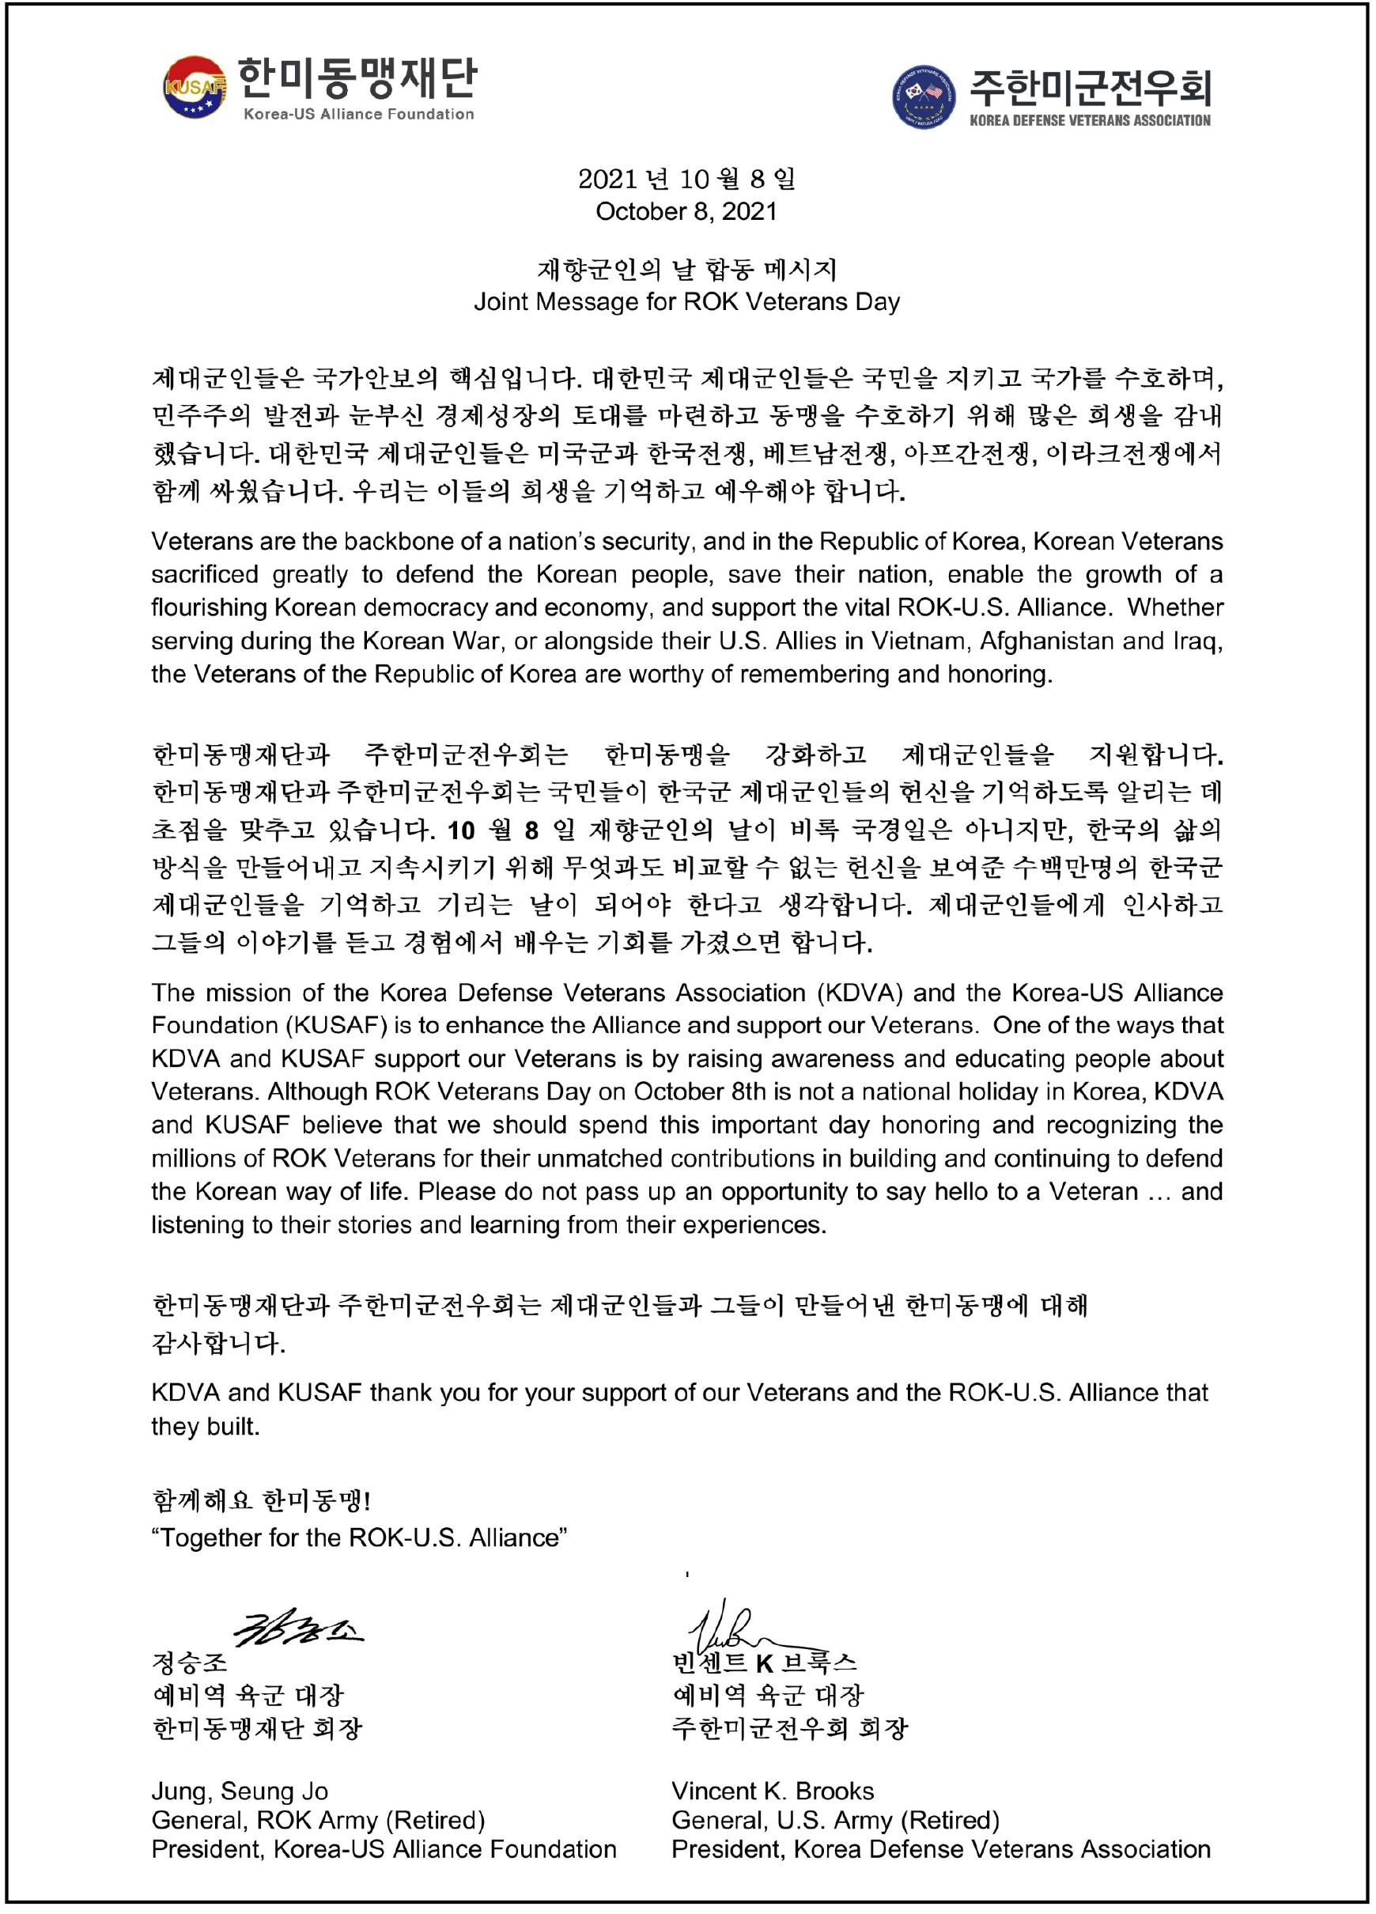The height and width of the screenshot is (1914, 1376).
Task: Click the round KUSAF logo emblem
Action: click(x=195, y=87)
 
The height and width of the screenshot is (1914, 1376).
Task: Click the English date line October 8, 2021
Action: click(x=686, y=211)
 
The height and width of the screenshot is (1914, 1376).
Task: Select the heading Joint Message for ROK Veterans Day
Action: click(x=686, y=301)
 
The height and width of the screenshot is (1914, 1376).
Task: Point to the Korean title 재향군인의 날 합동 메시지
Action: click(x=686, y=269)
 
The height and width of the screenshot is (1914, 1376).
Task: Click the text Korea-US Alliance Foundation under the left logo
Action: click(x=358, y=115)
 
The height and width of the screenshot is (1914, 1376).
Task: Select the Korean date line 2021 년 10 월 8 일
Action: click(x=686, y=179)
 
